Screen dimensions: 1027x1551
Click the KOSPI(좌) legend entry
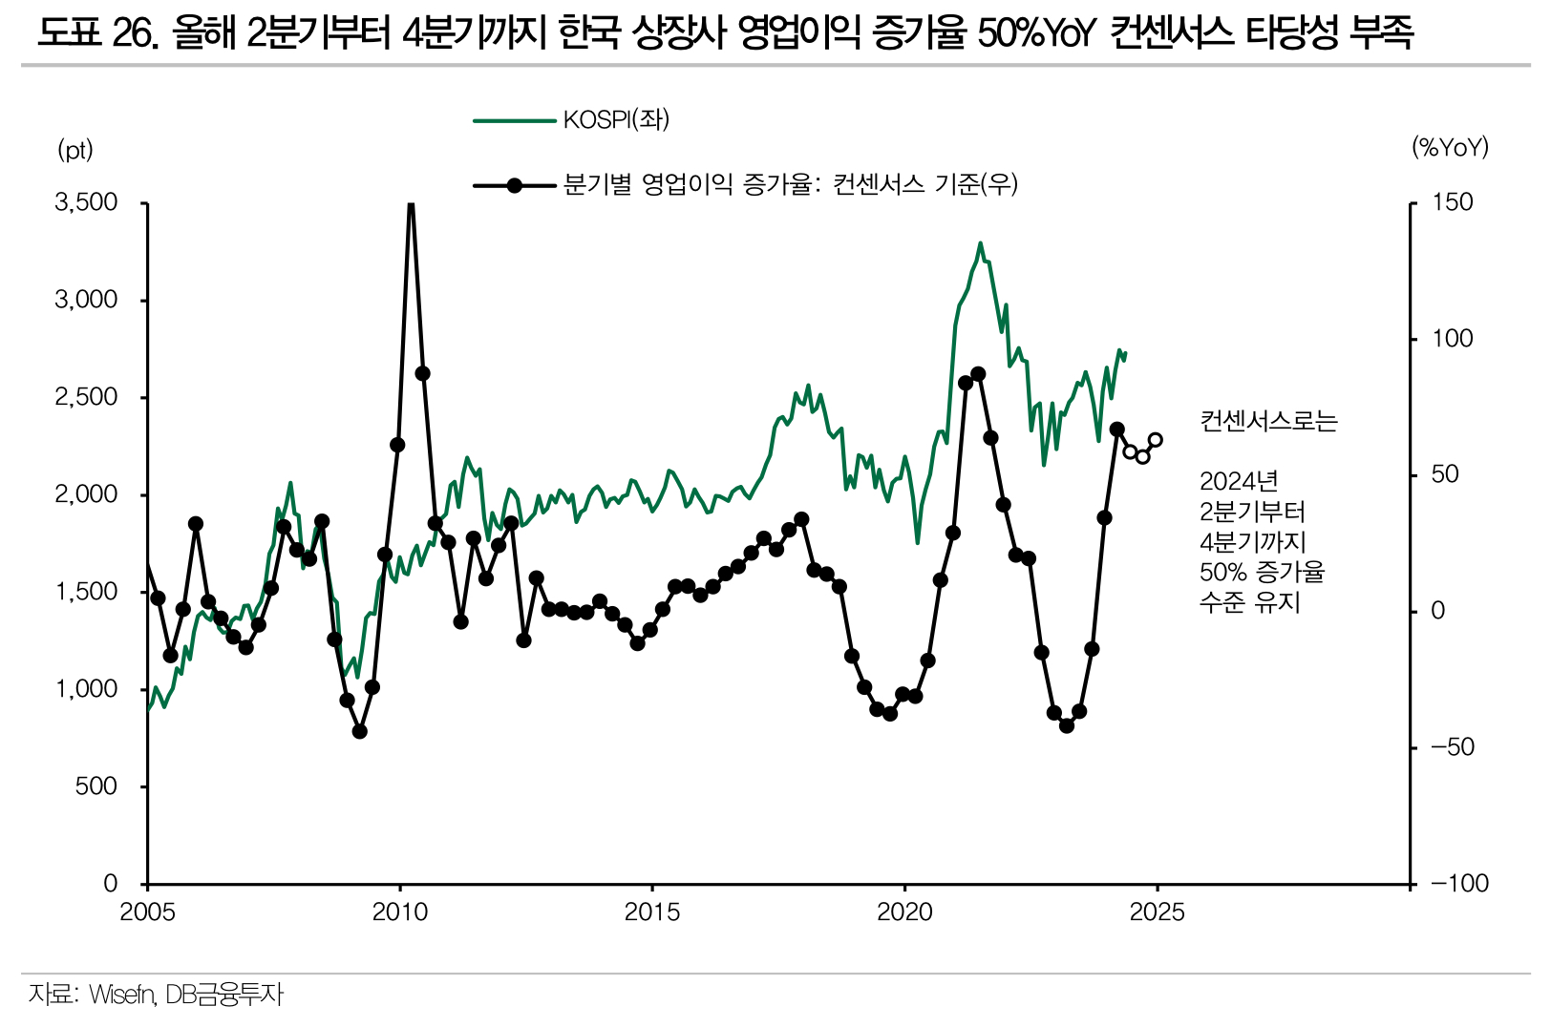coord(616,120)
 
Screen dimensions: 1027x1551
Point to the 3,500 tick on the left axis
coord(86,202)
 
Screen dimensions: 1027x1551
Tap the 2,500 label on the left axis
coord(86,397)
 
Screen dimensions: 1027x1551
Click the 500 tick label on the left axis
coord(97,786)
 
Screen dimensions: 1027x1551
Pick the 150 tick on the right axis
coord(1452,202)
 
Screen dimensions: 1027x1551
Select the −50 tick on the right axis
coord(1452,747)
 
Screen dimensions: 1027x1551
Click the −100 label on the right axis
coord(1459,884)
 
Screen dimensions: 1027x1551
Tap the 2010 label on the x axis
coord(399,913)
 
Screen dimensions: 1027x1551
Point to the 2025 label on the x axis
coord(1157,913)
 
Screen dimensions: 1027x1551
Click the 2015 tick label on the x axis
coord(652,913)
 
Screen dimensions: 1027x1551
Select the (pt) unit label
coord(75,150)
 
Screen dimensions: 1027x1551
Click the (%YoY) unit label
coord(1450,147)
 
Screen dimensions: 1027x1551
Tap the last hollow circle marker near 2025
coord(1156,440)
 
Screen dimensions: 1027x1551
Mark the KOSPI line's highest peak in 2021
coord(980,244)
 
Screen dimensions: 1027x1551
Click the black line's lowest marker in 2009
coord(360,731)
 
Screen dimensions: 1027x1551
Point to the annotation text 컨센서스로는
coord(1268,421)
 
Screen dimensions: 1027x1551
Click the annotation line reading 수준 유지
coord(1249,603)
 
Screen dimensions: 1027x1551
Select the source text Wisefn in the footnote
coord(121,995)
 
